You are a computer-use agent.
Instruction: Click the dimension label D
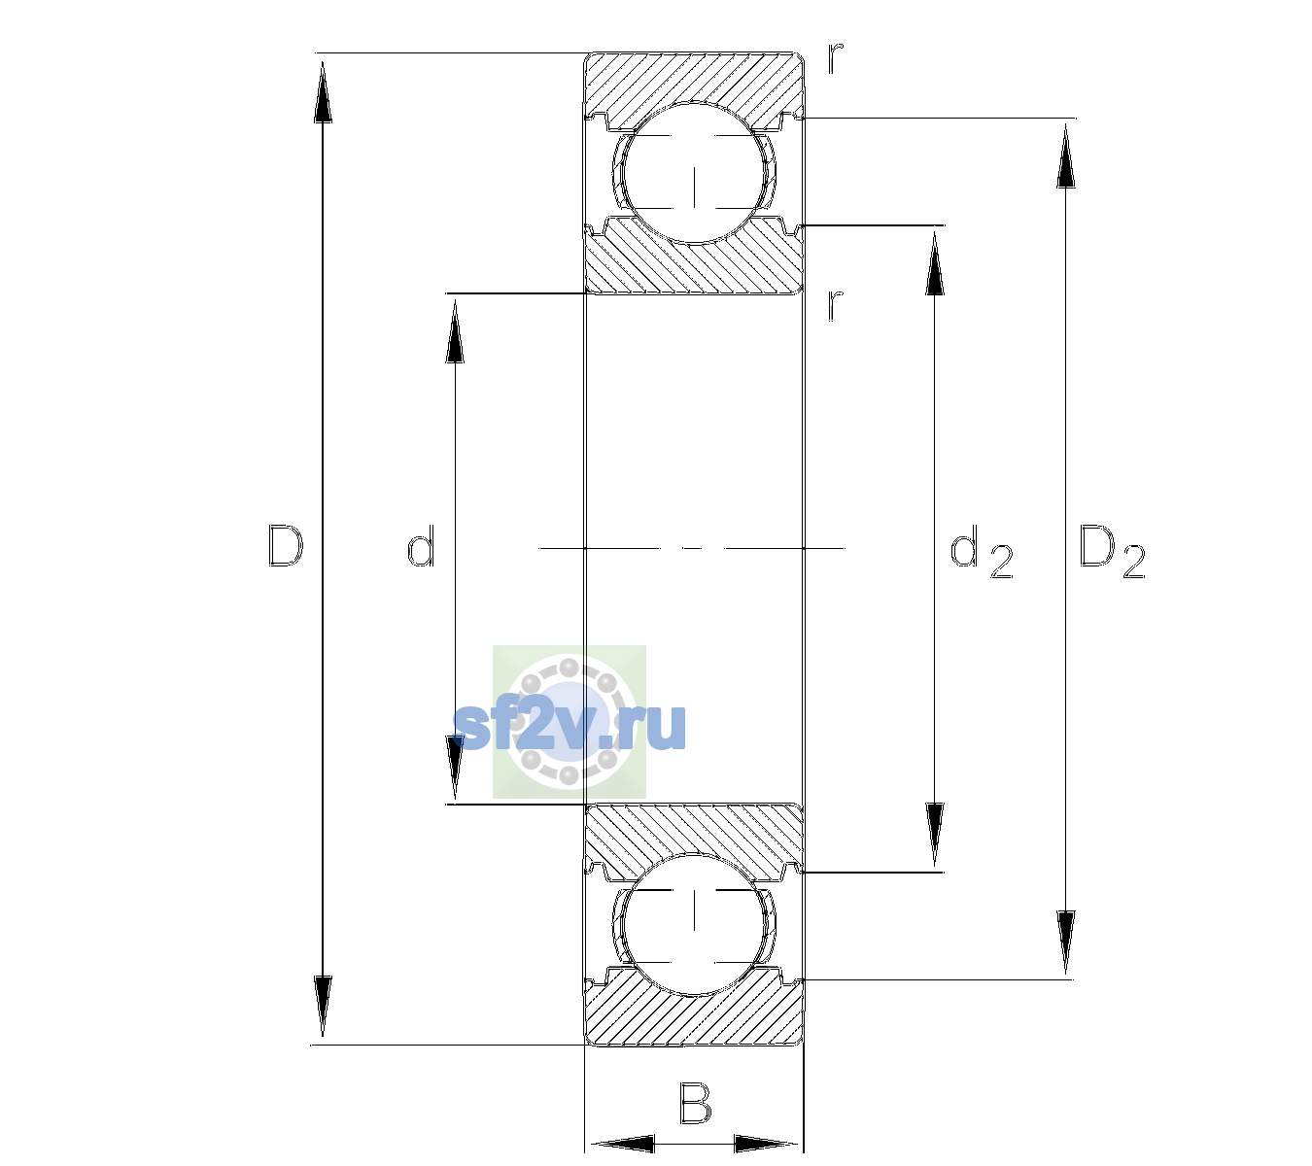286,546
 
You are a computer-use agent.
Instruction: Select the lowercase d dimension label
421,546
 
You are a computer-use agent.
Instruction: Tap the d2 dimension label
982,550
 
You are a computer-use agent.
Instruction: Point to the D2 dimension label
1112,550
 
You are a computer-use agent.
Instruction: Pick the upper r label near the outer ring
836,57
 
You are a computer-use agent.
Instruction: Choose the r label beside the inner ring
836,305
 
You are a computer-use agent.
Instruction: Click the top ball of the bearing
694,174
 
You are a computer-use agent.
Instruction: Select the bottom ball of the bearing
694,923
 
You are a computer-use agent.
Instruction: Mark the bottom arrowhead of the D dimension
323,1005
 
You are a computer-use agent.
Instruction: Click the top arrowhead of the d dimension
455,331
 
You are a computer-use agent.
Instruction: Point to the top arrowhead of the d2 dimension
934,263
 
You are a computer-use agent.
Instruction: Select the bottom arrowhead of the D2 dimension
1066,942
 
